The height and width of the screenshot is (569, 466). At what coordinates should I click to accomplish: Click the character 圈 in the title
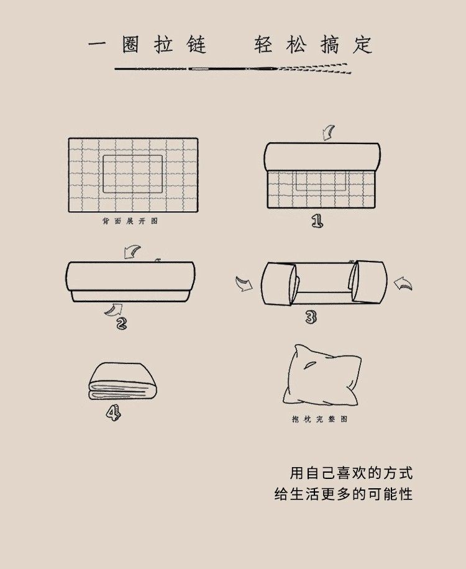coord(130,45)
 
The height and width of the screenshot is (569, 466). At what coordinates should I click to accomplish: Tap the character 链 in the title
coord(196,45)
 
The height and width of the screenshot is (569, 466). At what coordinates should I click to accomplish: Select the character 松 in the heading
coord(296,45)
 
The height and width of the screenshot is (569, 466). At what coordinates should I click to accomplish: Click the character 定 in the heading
coord(363,45)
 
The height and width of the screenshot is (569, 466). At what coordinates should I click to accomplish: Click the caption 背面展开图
coord(130,221)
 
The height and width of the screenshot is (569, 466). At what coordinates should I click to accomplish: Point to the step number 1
coord(318,221)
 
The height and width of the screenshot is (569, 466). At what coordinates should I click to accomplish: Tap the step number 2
coord(122,323)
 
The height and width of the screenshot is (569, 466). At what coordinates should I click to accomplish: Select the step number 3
coord(311,317)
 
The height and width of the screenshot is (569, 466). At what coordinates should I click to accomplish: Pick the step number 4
coord(114,413)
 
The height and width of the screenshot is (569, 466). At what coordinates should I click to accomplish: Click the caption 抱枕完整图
coord(320,419)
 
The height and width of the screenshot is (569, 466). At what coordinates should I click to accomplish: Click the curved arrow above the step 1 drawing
coord(329,133)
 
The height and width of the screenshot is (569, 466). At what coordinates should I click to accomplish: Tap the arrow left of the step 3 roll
coord(244,284)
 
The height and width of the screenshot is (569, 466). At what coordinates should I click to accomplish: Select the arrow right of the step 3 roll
coord(403,284)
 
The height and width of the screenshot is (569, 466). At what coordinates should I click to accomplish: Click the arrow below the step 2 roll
coord(114,310)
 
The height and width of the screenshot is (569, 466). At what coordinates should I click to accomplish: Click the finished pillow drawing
coord(322,376)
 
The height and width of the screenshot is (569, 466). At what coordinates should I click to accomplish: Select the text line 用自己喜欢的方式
coord(351,473)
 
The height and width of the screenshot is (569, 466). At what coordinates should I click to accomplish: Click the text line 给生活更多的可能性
coord(344,494)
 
